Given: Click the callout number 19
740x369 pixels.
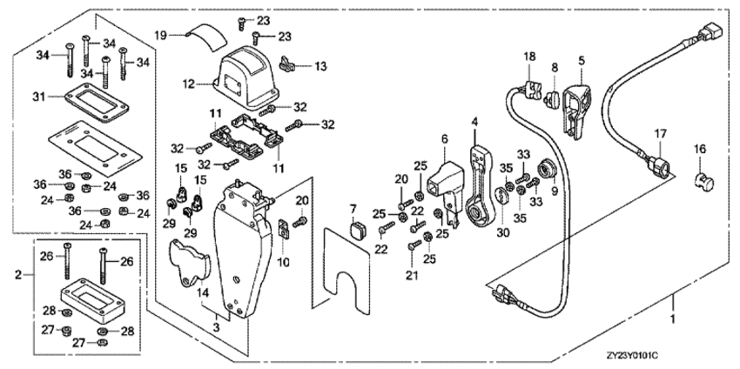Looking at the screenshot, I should tap(160, 34).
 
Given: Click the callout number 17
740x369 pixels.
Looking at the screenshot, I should tap(661, 134).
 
